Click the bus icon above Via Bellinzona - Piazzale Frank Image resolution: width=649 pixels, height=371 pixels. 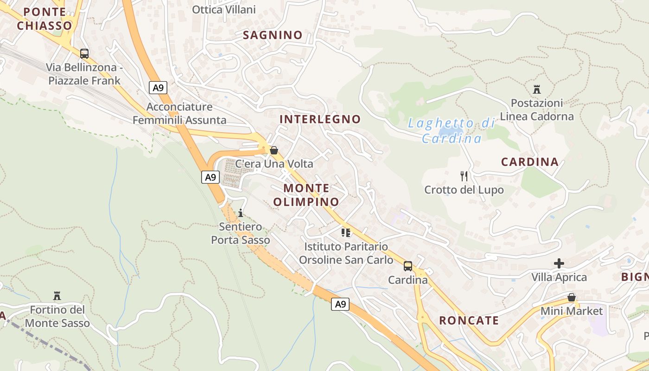pyautogui.click(x=84, y=53)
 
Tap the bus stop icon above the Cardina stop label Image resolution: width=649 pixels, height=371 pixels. pyautogui.click(x=408, y=266)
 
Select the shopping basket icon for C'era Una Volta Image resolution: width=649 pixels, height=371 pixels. pyautogui.click(x=274, y=150)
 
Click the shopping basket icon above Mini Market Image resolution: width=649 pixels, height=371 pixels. pyautogui.click(x=572, y=297)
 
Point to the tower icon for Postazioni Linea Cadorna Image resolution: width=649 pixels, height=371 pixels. pyautogui.click(x=537, y=89)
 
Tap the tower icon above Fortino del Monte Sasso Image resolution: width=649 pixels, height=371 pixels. pyautogui.click(x=57, y=295)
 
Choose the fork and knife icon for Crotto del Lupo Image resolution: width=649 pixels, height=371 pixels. pyautogui.click(x=464, y=176)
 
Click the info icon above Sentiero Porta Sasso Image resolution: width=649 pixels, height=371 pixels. pyautogui.click(x=240, y=213)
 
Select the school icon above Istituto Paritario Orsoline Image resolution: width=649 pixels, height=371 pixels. pyautogui.click(x=346, y=232)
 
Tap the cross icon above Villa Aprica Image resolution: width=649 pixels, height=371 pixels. pyautogui.click(x=559, y=263)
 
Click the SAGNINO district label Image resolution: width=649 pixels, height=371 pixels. pyautogui.click(x=273, y=35)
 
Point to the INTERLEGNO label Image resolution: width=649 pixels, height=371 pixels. pyautogui.click(x=320, y=119)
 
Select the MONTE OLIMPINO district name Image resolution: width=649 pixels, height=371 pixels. pyautogui.click(x=306, y=195)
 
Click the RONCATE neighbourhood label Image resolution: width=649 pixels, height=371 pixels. pyautogui.click(x=469, y=320)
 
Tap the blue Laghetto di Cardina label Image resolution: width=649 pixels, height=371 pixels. pyautogui.click(x=452, y=131)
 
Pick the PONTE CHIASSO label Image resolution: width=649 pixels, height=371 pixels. pyautogui.click(x=45, y=19)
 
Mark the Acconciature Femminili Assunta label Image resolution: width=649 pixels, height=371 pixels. pyautogui.click(x=179, y=114)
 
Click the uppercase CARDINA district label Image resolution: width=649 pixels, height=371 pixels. pyautogui.click(x=530, y=162)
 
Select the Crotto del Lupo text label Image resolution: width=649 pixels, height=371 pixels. pyautogui.click(x=464, y=190)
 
